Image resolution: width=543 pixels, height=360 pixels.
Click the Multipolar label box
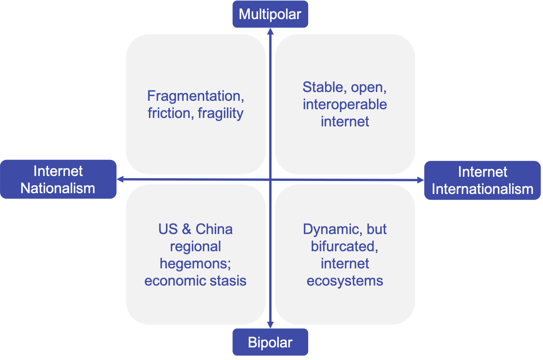(270, 14)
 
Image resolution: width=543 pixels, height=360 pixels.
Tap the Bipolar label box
(270, 342)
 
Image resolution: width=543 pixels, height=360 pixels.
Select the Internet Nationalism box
(58, 179)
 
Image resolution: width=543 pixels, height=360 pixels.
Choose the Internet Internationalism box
(482, 180)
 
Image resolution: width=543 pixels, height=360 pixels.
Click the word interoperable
(345, 104)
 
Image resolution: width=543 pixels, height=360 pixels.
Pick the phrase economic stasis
(195, 281)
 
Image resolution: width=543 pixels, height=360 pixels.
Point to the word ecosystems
(345, 281)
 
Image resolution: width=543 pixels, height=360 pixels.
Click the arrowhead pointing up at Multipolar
(270, 31)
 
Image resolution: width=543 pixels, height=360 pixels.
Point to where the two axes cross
(270, 179)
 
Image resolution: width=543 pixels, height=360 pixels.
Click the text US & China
(195, 229)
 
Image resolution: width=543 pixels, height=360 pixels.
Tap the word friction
(169, 113)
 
